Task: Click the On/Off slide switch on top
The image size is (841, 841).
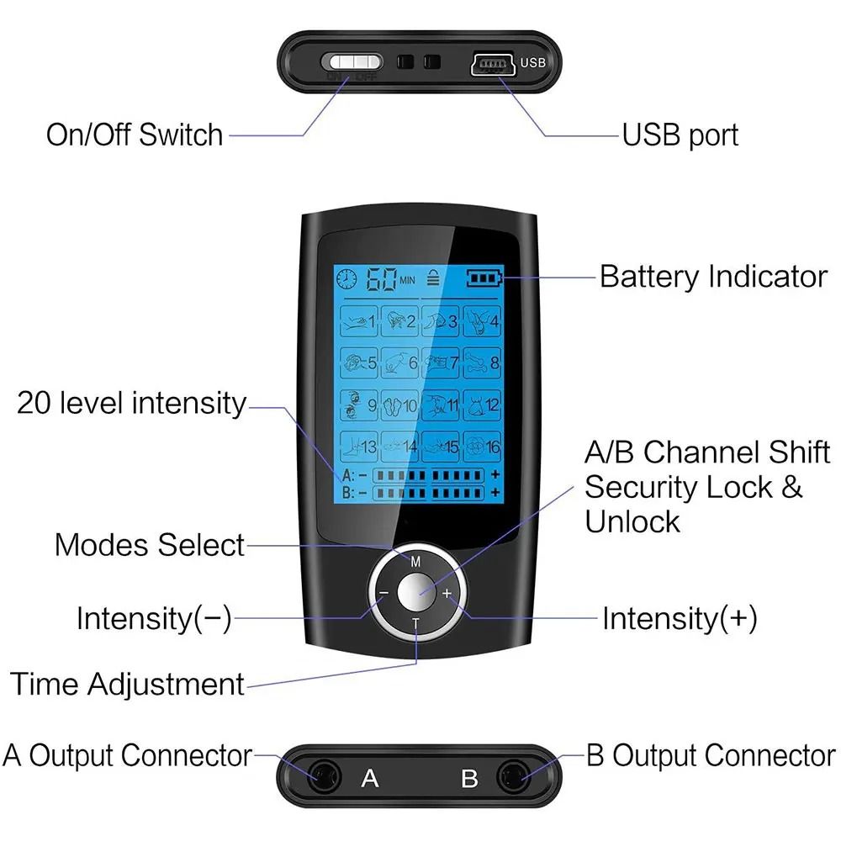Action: (352, 62)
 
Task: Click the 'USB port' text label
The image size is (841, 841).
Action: (680, 135)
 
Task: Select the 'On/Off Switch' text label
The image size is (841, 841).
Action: (135, 135)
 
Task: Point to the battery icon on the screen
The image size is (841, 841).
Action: (482, 278)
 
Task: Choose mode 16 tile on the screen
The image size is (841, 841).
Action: (482, 447)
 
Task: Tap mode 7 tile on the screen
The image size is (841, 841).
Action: (441, 363)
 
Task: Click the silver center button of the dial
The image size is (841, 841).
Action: (415, 592)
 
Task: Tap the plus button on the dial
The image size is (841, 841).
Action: (447, 593)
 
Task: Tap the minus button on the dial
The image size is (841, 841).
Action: (383, 593)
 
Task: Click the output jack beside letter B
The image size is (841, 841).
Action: (512, 777)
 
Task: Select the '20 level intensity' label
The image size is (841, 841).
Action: (131, 403)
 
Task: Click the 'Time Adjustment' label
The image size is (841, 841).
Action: (127, 683)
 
